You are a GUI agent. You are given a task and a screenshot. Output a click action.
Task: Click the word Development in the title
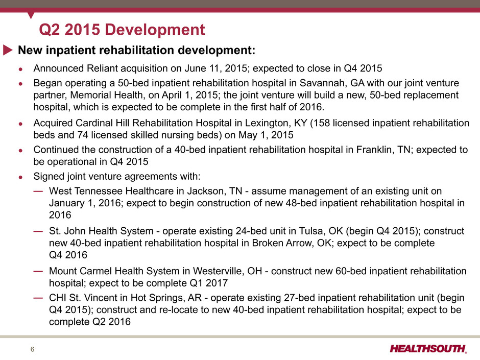(x=155, y=30)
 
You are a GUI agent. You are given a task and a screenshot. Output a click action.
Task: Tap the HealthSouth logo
(x=428, y=349)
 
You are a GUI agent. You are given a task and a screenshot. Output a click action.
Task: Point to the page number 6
(x=33, y=349)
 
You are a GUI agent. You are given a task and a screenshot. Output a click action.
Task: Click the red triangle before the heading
(x=8, y=50)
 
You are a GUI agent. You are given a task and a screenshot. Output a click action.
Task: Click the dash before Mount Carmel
(x=38, y=271)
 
